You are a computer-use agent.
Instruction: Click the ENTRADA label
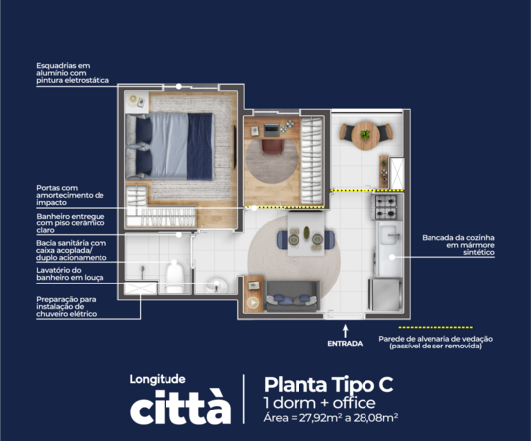[x=345, y=344]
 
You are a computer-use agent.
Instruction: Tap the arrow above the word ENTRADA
[x=345, y=331]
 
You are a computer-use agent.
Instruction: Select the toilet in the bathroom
[x=174, y=279]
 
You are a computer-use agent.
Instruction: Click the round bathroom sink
[x=217, y=285]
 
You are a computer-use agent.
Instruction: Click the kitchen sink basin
[x=389, y=234]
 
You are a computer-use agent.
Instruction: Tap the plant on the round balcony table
[x=365, y=135]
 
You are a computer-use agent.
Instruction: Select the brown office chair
[x=272, y=147]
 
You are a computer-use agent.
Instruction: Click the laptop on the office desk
[x=271, y=130]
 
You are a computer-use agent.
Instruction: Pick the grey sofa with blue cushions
[x=293, y=295]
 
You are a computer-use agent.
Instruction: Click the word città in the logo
[x=180, y=408]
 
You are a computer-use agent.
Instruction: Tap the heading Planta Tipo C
[x=328, y=385]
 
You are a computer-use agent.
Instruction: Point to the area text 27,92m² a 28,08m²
[x=349, y=418]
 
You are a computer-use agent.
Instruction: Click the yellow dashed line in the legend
[x=435, y=327]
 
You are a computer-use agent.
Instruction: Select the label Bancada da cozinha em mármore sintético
[x=458, y=245]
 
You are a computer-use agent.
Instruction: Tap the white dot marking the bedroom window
[x=179, y=87]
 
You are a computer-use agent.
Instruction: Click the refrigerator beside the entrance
[x=385, y=294]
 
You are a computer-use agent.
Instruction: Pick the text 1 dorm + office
[x=319, y=403]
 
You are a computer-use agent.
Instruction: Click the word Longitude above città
[x=158, y=379]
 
